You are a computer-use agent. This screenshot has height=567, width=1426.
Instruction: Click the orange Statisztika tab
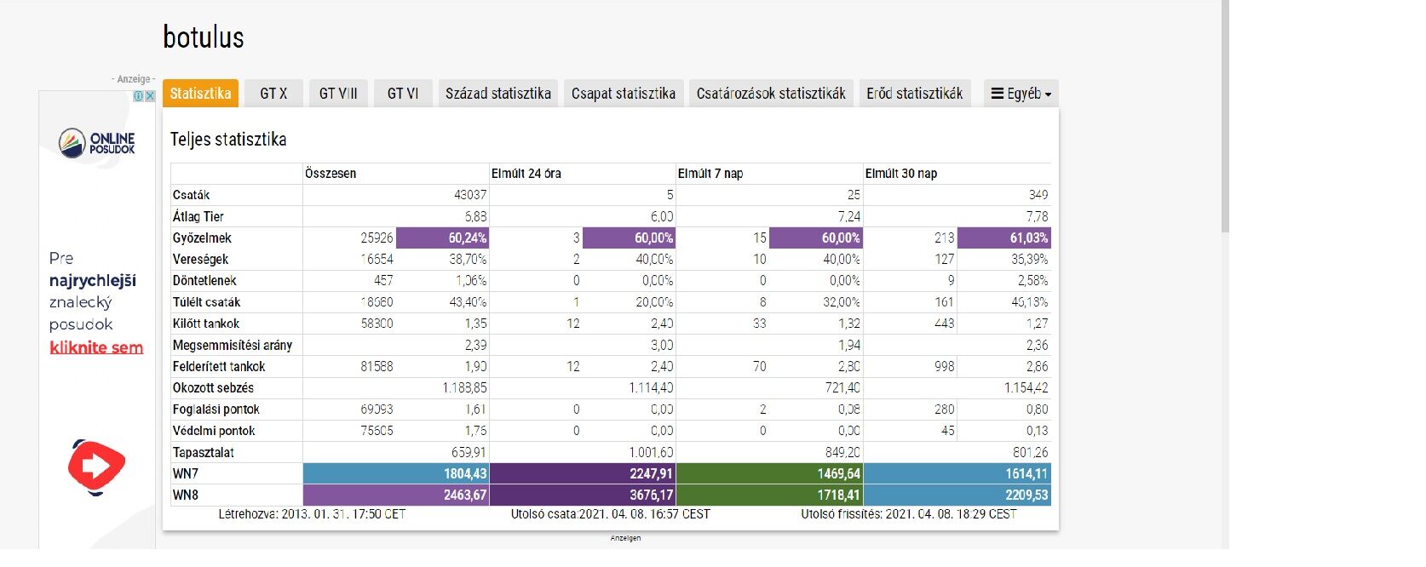pyautogui.click(x=200, y=94)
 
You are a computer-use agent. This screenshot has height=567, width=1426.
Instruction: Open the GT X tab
pyautogui.click(x=273, y=94)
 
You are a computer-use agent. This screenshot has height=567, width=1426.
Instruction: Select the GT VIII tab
pyautogui.click(x=338, y=94)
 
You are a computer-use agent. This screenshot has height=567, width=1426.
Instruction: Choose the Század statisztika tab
pyautogui.click(x=497, y=94)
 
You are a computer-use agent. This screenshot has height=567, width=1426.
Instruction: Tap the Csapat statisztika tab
pyautogui.click(x=623, y=94)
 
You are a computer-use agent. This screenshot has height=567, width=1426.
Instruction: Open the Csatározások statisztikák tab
pyautogui.click(x=771, y=94)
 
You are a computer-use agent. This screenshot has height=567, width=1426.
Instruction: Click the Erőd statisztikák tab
pyautogui.click(x=914, y=94)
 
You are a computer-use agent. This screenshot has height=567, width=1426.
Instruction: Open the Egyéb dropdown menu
pyautogui.click(x=1021, y=94)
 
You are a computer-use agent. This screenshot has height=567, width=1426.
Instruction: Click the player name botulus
pyautogui.click(x=204, y=37)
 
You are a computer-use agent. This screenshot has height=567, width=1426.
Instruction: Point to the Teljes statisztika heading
pyautogui.click(x=228, y=140)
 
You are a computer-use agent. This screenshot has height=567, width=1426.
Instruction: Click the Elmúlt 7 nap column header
pyautogui.click(x=710, y=174)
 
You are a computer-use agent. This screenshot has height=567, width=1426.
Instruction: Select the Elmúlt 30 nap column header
pyautogui.click(x=901, y=174)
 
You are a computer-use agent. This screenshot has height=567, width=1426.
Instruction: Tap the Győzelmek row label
pyautogui.click(x=202, y=238)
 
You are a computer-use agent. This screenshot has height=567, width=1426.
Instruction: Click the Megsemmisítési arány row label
pyautogui.click(x=232, y=346)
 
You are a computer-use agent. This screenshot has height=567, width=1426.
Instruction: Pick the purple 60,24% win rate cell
pyautogui.click(x=442, y=238)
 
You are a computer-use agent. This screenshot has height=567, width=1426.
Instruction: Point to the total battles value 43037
pyautogui.click(x=470, y=195)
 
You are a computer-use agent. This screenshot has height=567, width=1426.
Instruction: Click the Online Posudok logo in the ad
pyautogui.click(x=97, y=142)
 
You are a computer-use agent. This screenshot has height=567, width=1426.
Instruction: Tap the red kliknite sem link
pyautogui.click(x=96, y=347)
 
